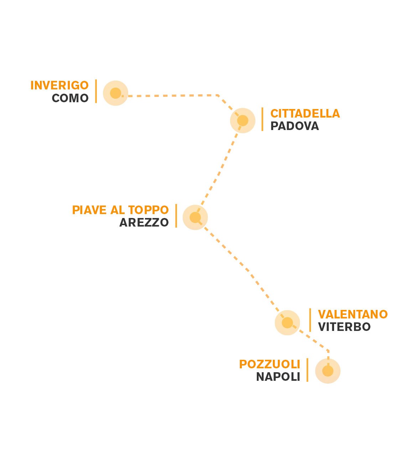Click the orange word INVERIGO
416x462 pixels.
tap(59, 85)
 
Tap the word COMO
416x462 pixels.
tap(70, 98)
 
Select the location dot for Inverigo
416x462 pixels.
tap(115, 93)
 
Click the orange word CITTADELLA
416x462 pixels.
tap(305, 114)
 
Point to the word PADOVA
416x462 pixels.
tap(295, 126)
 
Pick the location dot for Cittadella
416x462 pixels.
tap(243, 120)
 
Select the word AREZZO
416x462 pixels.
tap(144, 223)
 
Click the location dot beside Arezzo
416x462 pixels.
tap(195, 217)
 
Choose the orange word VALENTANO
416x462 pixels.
tap(353, 315)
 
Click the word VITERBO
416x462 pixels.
tap(344, 327)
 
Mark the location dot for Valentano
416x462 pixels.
tap(287, 323)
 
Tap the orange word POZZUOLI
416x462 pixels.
tap(269, 364)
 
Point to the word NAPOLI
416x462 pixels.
tap(278, 377)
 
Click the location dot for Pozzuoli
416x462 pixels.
tap(328, 371)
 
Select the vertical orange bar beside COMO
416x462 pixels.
tap(96, 91)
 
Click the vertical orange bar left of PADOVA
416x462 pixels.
tap(262, 119)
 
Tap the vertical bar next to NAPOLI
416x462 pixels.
tap(307, 370)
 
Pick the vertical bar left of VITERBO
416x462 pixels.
tap(310, 320)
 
